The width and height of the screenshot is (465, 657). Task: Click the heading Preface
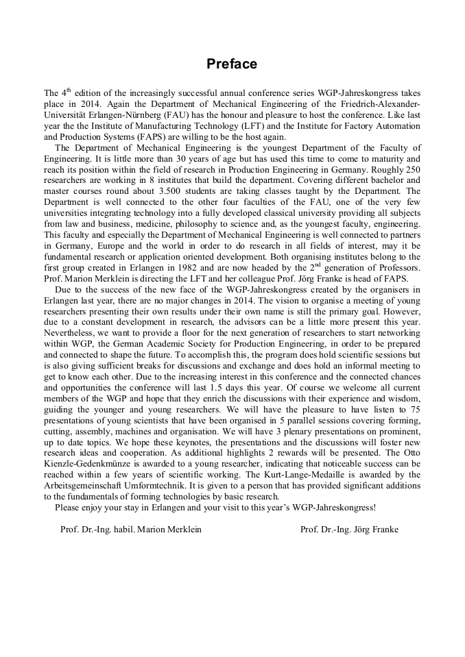[232, 64]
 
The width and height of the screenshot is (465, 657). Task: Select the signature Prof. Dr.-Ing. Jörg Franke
[349, 530]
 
